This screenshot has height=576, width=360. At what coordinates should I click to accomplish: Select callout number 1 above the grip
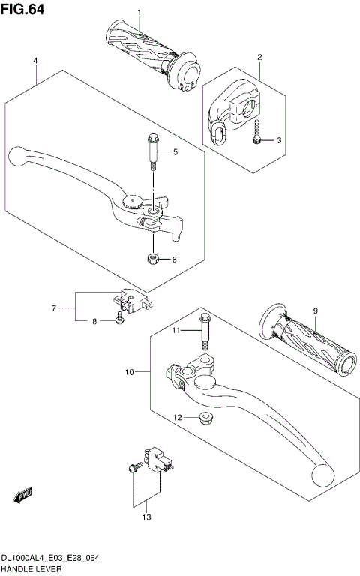point(139,13)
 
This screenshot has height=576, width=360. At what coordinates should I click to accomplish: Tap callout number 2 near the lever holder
point(259,57)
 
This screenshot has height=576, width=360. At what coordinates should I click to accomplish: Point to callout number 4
point(35,60)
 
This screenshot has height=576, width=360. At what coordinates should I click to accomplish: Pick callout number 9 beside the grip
point(316,311)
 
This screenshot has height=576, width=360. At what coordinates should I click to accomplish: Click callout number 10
point(129,371)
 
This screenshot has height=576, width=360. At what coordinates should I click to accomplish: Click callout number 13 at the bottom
point(146,517)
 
